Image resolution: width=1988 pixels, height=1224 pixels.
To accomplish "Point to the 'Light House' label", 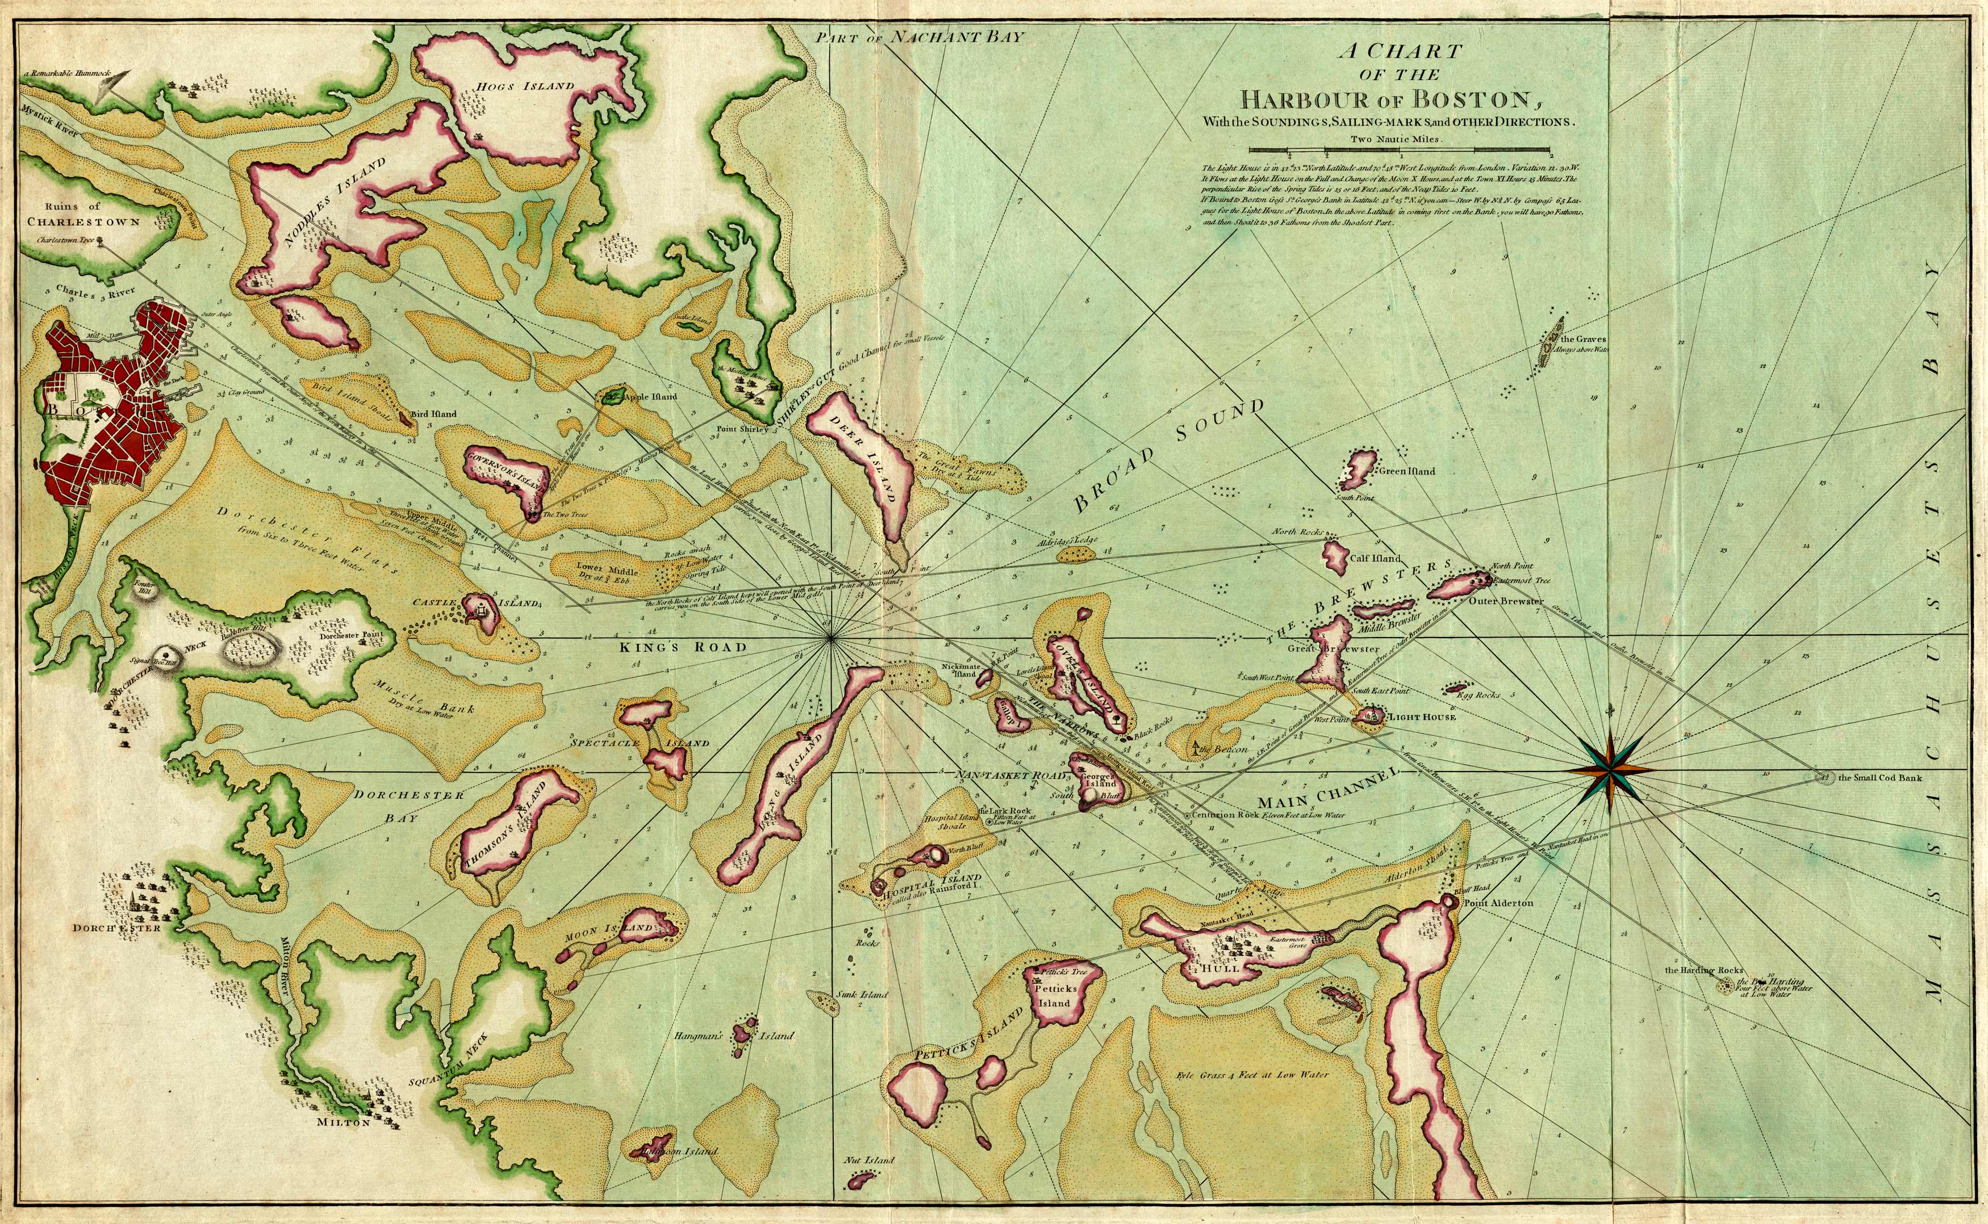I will [x=1422, y=717].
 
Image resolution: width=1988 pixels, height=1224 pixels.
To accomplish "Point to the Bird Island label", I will [x=433, y=414].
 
